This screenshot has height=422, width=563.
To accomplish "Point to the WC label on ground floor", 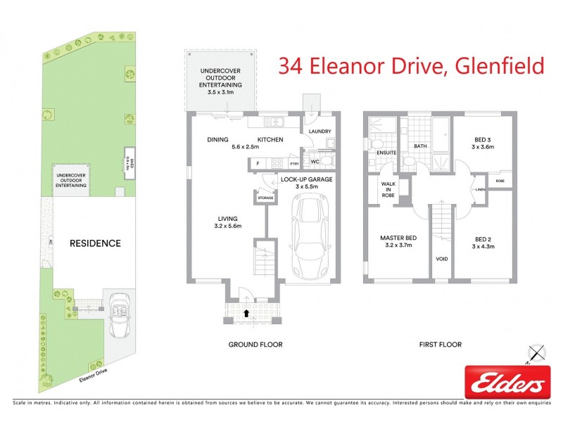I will (316, 162).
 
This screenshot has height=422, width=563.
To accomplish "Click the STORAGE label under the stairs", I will (265, 198).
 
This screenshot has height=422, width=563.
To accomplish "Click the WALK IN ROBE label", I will (388, 191).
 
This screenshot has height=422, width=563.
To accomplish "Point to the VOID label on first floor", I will (442, 259).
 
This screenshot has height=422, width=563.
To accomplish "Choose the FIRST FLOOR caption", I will (440, 345).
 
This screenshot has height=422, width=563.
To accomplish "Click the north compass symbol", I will (538, 351).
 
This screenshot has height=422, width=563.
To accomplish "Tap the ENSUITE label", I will (386, 152).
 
